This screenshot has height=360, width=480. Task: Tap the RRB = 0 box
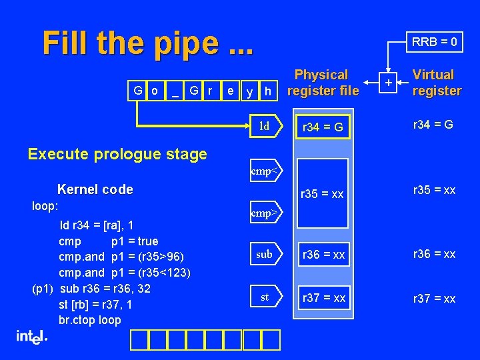(x=434, y=42)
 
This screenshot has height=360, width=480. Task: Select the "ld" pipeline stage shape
(x=265, y=126)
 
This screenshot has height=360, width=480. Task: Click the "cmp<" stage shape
(x=264, y=171)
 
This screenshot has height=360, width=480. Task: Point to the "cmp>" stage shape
(x=264, y=214)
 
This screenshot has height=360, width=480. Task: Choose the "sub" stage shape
(x=265, y=254)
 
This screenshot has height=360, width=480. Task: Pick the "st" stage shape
(x=265, y=297)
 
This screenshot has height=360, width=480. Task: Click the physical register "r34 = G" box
(x=323, y=127)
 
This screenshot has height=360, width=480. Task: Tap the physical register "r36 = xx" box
(x=323, y=254)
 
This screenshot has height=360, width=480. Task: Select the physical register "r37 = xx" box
(x=323, y=298)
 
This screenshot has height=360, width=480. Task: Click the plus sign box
(x=389, y=83)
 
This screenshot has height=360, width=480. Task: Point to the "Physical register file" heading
(x=321, y=83)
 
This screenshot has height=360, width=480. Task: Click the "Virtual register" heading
(x=436, y=83)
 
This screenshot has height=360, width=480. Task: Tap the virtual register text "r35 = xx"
(x=435, y=189)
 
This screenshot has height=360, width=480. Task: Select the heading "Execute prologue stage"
(x=117, y=154)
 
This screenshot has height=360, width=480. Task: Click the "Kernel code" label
(x=95, y=190)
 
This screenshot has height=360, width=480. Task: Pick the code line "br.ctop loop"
(x=90, y=320)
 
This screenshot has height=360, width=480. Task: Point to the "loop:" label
(x=45, y=206)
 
